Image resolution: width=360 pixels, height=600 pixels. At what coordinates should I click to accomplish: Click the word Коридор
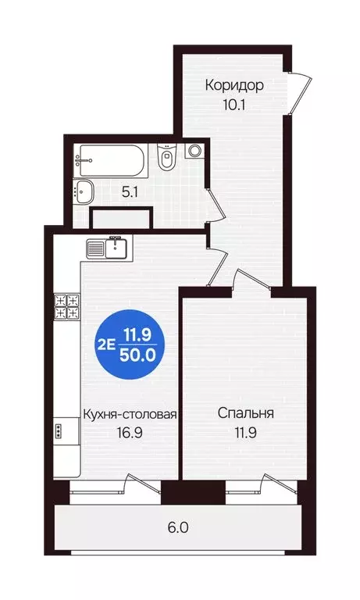(234, 84)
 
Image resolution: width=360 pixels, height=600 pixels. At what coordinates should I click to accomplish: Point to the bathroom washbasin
(83, 189)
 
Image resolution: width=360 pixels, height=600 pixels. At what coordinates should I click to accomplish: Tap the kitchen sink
(105, 248)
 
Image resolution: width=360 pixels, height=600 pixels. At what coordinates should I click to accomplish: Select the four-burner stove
(67, 305)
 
